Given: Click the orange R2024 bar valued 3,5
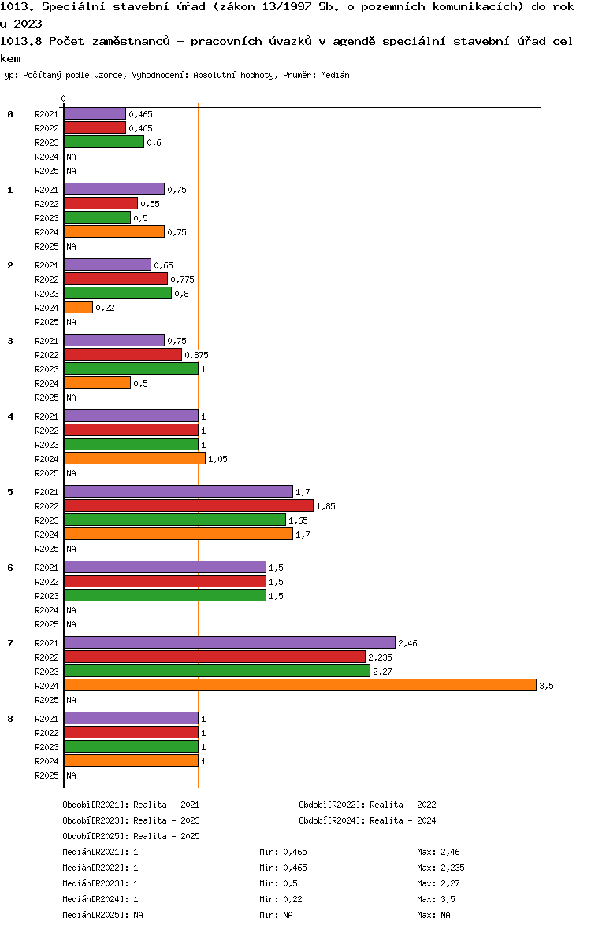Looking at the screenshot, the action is click(300, 686).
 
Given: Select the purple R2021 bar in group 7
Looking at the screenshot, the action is click(229, 643).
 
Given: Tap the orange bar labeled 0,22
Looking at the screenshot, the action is click(78, 308).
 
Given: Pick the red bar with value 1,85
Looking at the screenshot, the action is click(188, 506).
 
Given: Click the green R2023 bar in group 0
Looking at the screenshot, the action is click(104, 142).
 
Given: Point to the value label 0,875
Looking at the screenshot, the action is click(196, 356).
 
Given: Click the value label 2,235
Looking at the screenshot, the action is click(380, 657).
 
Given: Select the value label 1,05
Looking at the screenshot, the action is click(217, 459).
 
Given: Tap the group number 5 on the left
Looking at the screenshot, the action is click(10, 492).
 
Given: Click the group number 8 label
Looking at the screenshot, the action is click(10, 720).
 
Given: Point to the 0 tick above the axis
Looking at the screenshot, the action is click(63, 99).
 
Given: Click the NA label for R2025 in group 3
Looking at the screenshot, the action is click(71, 398).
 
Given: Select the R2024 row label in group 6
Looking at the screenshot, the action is click(46, 610).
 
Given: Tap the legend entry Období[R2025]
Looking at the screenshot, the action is click(95, 836).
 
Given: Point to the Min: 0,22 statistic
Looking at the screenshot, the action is click(281, 899).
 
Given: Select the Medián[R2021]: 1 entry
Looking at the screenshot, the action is click(100, 852).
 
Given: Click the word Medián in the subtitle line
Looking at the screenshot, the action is click(335, 76).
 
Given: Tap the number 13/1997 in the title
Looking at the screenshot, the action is click(287, 7).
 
